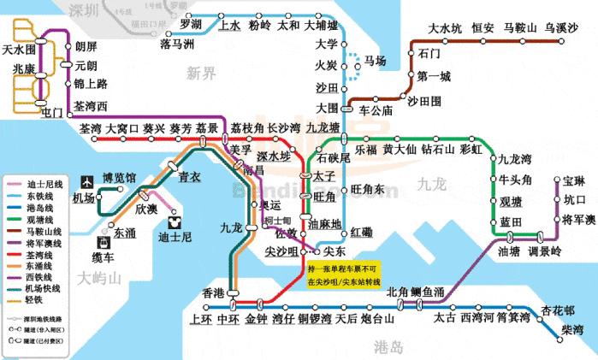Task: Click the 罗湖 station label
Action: pos(191,24)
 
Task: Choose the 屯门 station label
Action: pos(50,113)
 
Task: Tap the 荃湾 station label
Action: pos(89,128)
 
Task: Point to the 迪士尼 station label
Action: pos(175,236)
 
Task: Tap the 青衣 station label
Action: pos(189,178)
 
